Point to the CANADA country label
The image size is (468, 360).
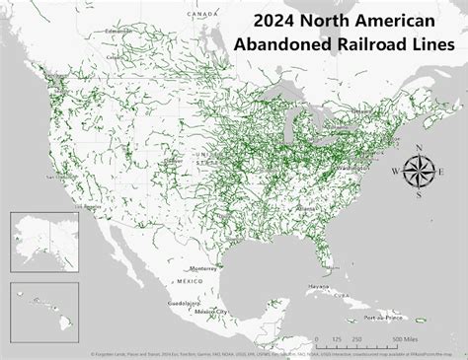203,15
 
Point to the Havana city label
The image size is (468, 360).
316,286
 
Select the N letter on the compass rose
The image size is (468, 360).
420,149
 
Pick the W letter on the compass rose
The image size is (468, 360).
397,171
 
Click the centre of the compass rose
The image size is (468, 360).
420,170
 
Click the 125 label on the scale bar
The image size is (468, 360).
339,338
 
